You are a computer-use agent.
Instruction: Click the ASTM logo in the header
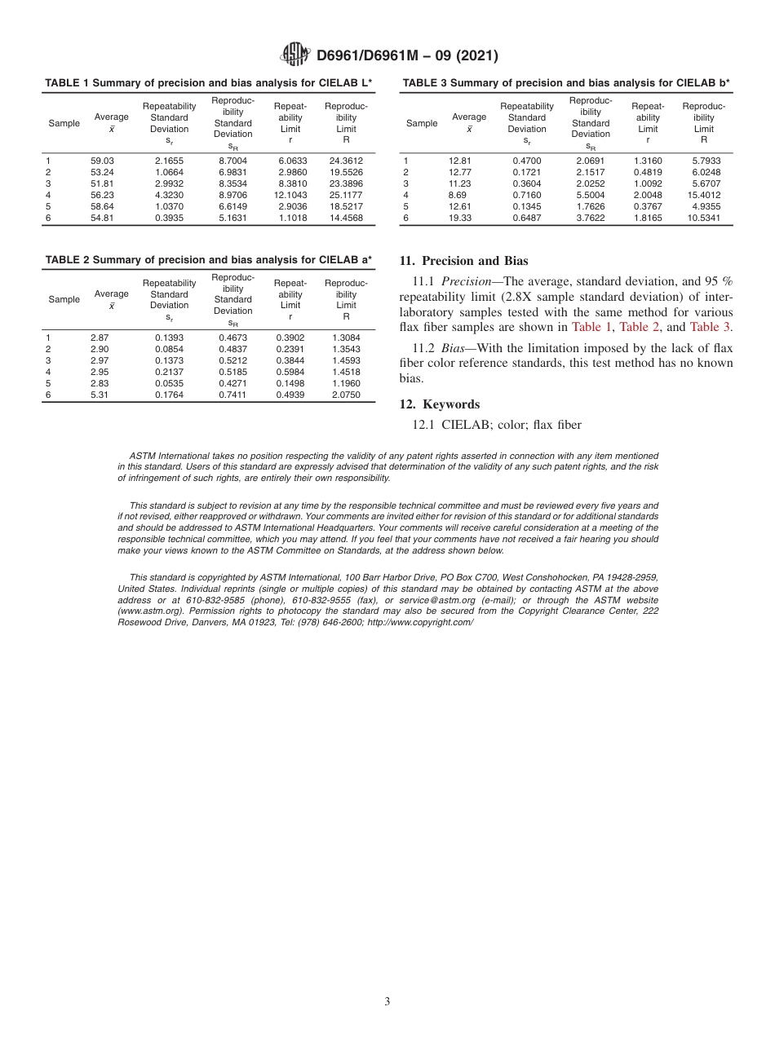click(294, 55)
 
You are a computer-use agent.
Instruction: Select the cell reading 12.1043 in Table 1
click(290, 196)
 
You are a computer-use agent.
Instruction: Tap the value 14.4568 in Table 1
click(346, 218)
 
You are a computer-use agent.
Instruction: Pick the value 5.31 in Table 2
click(100, 395)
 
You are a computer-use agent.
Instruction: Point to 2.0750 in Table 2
click(346, 395)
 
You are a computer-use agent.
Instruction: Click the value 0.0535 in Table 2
click(170, 383)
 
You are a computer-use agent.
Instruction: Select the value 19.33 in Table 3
click(459, 218)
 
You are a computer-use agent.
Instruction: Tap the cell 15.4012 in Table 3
click(703, 196)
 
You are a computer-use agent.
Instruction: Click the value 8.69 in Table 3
click(458, 196)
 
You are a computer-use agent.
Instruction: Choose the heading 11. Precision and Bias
click(463, 262)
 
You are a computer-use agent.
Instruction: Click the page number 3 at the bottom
click(387, 1001)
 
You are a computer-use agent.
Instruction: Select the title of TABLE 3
click(566, 83)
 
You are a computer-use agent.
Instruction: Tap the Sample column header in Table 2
click(64, 300)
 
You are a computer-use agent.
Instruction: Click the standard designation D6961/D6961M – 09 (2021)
click(407, 56)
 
